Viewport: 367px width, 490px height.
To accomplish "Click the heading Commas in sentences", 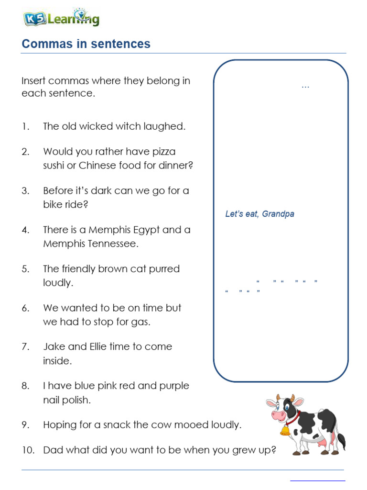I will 86,44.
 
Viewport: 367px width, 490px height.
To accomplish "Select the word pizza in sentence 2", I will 164,152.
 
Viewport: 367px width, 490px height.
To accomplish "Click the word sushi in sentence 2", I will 55,166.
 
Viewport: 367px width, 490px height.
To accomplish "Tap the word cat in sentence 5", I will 126,269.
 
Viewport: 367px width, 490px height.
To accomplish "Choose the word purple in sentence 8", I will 173,386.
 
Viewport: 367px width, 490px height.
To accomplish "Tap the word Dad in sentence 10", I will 53,450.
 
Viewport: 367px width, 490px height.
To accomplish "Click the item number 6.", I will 25,308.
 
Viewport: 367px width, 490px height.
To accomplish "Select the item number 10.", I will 27,450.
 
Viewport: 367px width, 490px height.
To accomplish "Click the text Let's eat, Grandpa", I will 259,214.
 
